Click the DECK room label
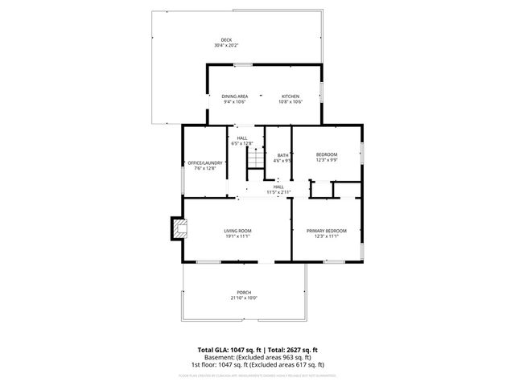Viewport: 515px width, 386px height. coord(226,40)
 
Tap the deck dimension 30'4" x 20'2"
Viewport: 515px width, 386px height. coord(226,46)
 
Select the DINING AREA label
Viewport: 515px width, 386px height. coord(235,96)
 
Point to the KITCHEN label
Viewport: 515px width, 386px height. coord(290,96)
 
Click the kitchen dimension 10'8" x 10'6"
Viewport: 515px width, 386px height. coord(290,102)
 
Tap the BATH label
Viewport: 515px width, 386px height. coord(282,155)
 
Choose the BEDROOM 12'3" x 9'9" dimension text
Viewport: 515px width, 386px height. coord(327,160)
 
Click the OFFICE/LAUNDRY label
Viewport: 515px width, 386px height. coord(205,163)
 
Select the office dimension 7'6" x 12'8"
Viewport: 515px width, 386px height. coord(205,169)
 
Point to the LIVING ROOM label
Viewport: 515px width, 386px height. coord(238,231)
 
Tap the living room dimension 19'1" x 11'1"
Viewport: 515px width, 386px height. coord(238,236)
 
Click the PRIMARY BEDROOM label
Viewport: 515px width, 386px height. coord(327,231)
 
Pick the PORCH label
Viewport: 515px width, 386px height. coord(244,292)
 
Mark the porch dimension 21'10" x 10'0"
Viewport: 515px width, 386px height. coord(244,298)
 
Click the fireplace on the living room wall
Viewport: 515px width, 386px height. coord(176,229)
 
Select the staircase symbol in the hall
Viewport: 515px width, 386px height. coord(255,161)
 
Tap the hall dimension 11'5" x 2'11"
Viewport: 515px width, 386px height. coord(278,192)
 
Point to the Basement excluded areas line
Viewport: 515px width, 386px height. coord(257,357)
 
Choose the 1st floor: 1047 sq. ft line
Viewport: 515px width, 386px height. coord(257,364)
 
